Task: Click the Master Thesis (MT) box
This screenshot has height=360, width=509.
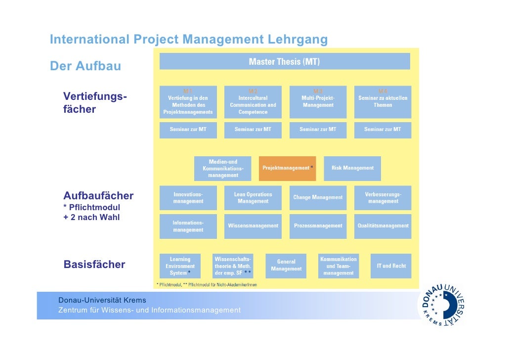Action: [x=284, y=62]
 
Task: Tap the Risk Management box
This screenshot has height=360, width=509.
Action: [x=352, y=168]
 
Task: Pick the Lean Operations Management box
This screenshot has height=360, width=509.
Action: [x=253, y=197]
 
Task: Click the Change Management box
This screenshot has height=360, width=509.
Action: [x=318, y=197]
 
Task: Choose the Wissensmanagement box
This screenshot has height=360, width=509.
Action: [x=253, y=226]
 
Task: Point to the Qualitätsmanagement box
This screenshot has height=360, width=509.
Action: [x=383, y=226]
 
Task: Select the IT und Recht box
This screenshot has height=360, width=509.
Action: [x=391, y=266]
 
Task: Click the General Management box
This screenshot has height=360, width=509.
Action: [x=286, y=266]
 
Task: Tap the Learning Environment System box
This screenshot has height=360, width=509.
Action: [x=180, y=266]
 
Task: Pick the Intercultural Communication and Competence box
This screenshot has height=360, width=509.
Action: [x=253, y=102]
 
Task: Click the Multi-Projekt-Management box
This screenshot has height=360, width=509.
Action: [x=318, y=102]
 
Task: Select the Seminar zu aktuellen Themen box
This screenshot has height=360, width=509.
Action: [x=383, y=102]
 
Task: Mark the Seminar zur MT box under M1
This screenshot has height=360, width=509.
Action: [x=188, y=130]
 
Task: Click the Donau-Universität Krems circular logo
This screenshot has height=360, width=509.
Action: [x=443, y=305]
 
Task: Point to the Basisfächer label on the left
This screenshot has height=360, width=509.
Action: [x=94, y=265]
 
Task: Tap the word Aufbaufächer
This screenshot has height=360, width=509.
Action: [x=98, y=195]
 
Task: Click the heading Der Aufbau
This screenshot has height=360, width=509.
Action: [x=85, y=66]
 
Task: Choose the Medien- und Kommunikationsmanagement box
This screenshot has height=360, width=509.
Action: [x=223, y=168]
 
